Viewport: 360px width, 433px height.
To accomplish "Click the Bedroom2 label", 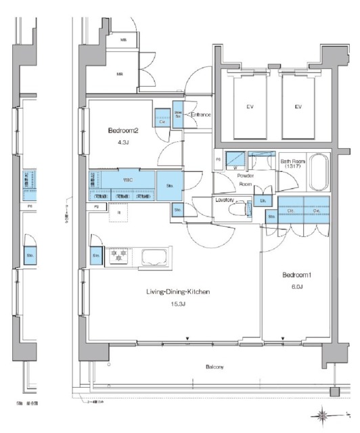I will [122, 131].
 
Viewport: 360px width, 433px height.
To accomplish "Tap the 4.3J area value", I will [122, 143].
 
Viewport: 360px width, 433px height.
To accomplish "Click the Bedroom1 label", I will [296, 275].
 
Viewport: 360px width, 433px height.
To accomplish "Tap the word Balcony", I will [215, 367].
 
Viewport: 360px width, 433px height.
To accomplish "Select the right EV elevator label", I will [297, 107].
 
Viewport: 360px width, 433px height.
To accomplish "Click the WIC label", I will [127, 181].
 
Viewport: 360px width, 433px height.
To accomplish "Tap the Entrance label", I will [200, 115].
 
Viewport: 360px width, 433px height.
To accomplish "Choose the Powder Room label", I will [245, 179].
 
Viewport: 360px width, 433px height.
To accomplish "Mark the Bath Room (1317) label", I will [293, 164].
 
